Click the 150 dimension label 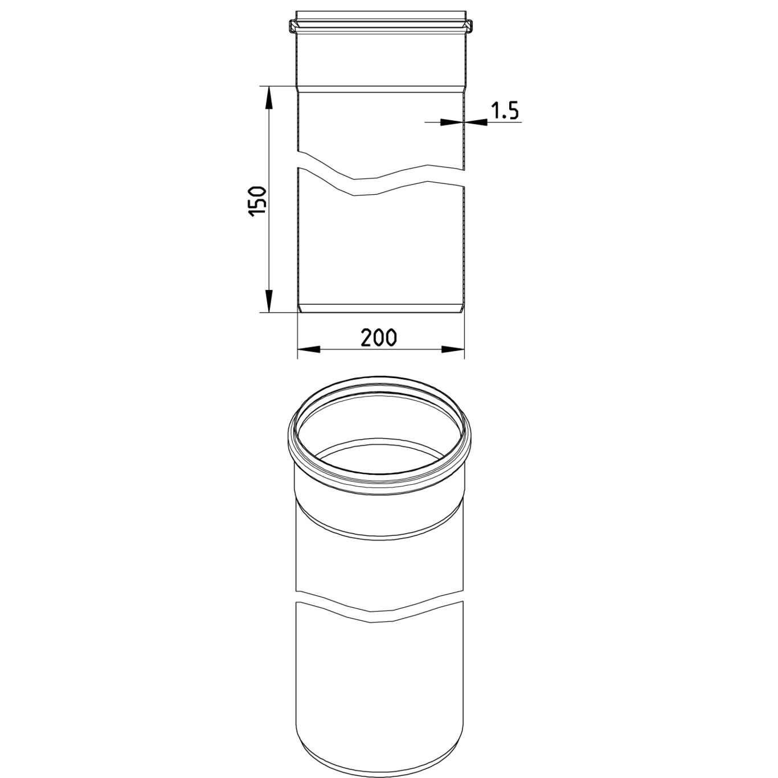click(x=258, y=202)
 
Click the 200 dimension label click(x=379, y=338)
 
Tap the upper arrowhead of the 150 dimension click(x=268, y=97)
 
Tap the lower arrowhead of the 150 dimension click(x=268, y=301)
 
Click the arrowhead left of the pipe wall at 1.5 click(x=452, y=121)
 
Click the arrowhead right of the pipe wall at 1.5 click(x=476, y=121)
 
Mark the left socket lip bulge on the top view click(x=293, y=27)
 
